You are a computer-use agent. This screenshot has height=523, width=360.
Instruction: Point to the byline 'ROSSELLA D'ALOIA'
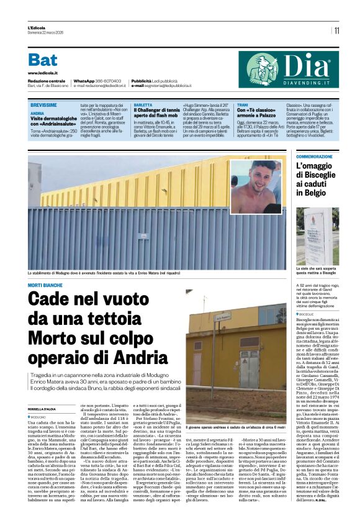pos(42,407)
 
